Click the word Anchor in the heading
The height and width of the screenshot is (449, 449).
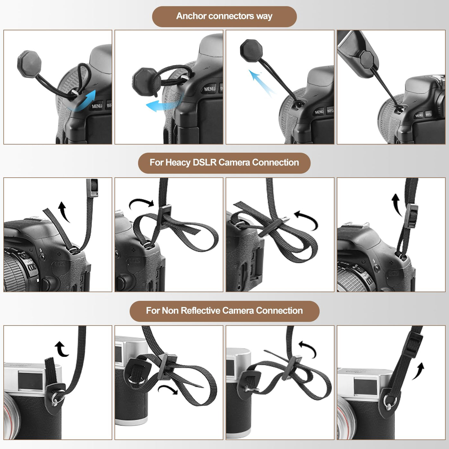point(191,16)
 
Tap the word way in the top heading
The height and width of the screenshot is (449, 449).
point(264,16)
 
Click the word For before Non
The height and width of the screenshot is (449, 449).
point(153,310)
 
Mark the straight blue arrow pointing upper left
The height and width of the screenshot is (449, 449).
point(262,83)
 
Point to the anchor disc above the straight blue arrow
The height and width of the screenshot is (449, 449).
point(251,50)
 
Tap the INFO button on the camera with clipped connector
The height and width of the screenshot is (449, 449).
point(428,114)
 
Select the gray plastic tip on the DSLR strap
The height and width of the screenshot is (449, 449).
point(92,188)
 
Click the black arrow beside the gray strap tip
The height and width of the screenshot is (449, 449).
point(64,212)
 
